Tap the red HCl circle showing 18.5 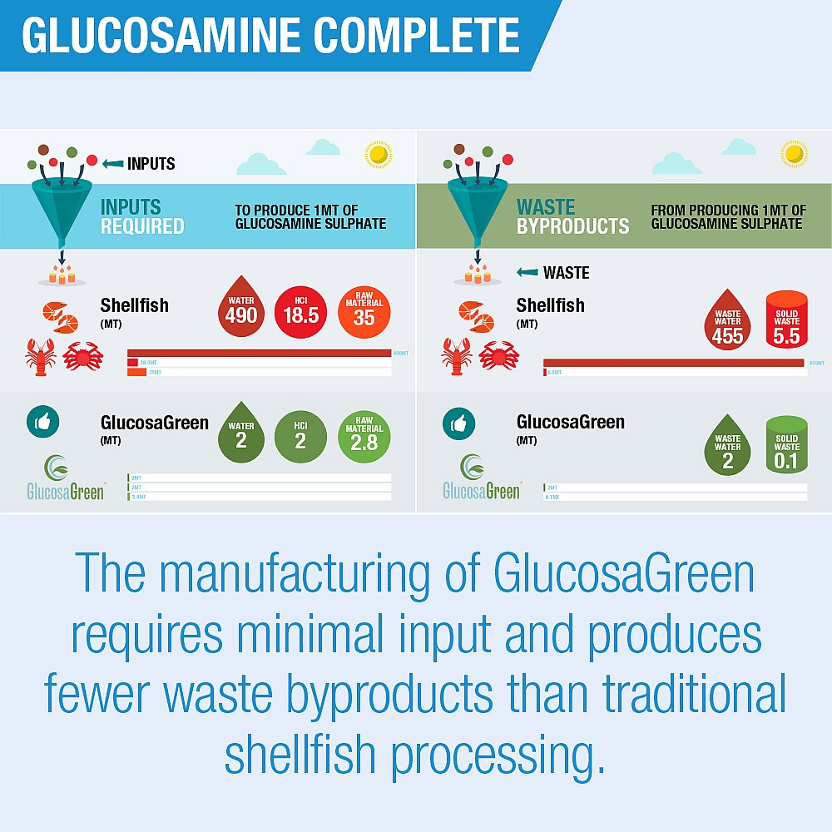pyautogui.click(x=300, y=311)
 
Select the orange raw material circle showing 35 pyautogui.click(x=364, y=311)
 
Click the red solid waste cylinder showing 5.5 pyautogui.click(x=786, y=319)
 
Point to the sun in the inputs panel pyautogui.click(x=378, y=154)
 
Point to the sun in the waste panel pyautogui.click(x=794, y=154)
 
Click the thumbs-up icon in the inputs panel pyautogui.click(x=42, y=423)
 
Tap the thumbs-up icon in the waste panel pyautogui.click(x=458, y=423)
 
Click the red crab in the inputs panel pyautogui.click(x=82, y=355)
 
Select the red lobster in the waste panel pyautogui.click(x=458, y=356)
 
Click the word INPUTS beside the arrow pyautogui.click(x=151, y=164)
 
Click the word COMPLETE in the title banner pyautogui.click(x=402, y=37)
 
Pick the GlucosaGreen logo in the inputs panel pyautogui.click(x=65, y=478)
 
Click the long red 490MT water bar pyautogui.click(x=259, y=353)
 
